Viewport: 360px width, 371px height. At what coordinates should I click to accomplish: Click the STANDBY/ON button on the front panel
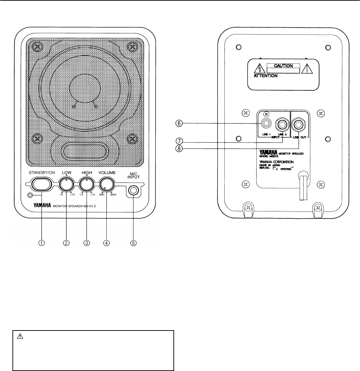point(41,183)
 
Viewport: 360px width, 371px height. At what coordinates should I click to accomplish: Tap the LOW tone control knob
point(66,183)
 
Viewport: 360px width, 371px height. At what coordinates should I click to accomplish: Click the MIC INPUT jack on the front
point(133,190)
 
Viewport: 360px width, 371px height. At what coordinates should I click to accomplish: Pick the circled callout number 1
point(42,243)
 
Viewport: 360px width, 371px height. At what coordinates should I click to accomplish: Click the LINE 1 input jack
point(266,123)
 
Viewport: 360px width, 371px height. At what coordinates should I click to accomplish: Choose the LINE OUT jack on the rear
point(298,123)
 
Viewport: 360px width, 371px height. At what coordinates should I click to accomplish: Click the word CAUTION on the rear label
point(283,65)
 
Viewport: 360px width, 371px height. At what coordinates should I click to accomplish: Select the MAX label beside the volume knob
point(114,195)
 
